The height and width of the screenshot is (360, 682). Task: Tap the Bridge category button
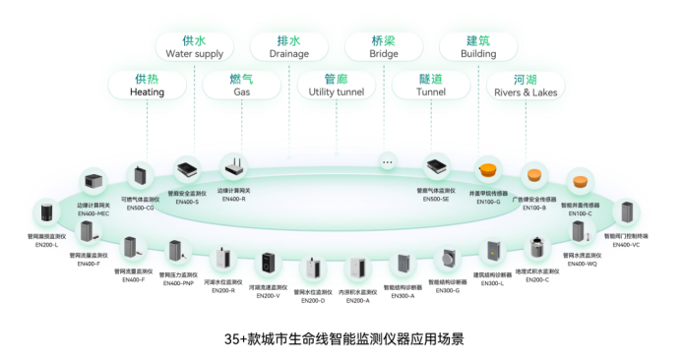click(x=384, y=47)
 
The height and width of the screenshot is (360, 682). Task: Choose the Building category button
click(x=478, y=47)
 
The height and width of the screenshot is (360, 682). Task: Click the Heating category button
click(x=147, y=85)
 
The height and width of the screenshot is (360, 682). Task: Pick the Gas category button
click(x=241, y=85)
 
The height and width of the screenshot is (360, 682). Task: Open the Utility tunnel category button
click(x=337, y=85)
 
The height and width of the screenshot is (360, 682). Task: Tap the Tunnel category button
click(x=431, y=85)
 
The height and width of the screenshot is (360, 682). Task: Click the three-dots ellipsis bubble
click(x=388, y=160)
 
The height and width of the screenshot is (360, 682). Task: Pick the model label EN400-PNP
click(x=177, y=282)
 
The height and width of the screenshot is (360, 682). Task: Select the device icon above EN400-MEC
click(x=94, y=183)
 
